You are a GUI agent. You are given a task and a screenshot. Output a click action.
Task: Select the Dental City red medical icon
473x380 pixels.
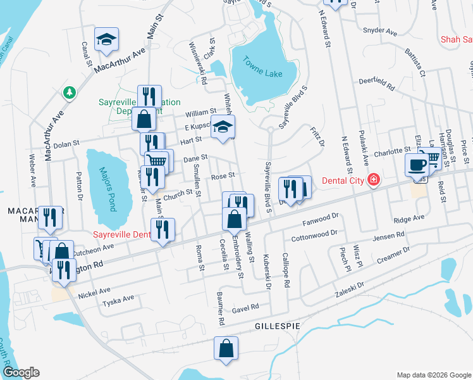pyautogui.click(x=374, y=180)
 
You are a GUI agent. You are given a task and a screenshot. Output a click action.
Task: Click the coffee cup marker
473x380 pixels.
pyautogui.click(x=417, y=165)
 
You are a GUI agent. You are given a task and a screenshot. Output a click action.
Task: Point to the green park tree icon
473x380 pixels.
pyautogui.click(x=69, y=92)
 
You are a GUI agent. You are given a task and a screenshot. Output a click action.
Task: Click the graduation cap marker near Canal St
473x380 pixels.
pyautogui.click(x=106, y=40)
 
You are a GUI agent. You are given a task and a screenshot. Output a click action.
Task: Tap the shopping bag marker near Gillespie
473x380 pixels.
pyautogui.click(x=226, y=348)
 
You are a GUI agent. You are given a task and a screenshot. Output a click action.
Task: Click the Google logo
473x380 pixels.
pyautogui.click(x=21, y=372)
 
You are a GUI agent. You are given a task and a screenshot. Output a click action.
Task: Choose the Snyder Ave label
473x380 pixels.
pyautogui.click(x=379, y=30)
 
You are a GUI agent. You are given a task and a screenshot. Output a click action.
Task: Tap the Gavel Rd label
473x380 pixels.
pyautogui.click(x=246, y=307)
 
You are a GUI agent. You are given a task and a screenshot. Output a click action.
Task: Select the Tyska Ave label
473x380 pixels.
pyautogui.click(x=119, y=298)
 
